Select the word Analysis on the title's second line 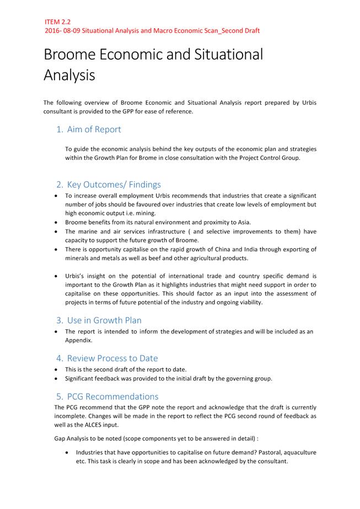click(x=69, y=75)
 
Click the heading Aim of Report click(x=94, y=130)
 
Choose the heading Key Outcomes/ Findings click(x=114, y=184)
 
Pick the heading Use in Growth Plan click(x=104, y=320)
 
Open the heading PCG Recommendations click(x=112, y=397)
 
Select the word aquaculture click(x=297, y=452)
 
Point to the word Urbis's click(x=77, y=275)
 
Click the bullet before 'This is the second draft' click(x=58, y=369)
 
